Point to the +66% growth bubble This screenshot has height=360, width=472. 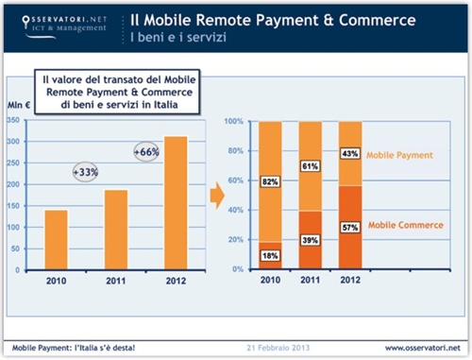click(147, 151)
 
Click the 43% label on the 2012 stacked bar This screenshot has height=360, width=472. click(350, 154)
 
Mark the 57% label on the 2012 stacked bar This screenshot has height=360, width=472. click(350, 228)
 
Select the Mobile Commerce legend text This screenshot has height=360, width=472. click(407, 225)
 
